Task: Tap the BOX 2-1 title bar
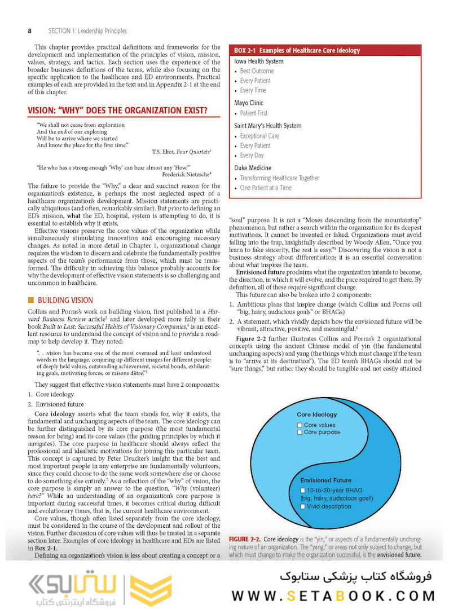tap(325, 50)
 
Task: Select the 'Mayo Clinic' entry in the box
tap(249, 103)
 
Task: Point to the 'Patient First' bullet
tap(253, 113)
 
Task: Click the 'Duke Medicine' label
tap(253, 168)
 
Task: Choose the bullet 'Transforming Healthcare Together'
tap(279, 178)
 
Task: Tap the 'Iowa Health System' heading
tap(259, 61)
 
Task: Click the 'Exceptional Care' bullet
tap(259, 136)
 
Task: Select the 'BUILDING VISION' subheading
tap(65, 301)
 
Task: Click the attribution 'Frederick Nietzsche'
tap(186, 174)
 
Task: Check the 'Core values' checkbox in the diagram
tap(300, 425)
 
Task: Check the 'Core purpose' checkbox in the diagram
tap(300, 433)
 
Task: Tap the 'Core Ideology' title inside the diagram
tap(316, 414)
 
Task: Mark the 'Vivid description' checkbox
tap(303, 506)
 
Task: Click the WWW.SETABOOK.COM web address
tap(333, 595)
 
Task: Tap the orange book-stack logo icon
tap(151, 590)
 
